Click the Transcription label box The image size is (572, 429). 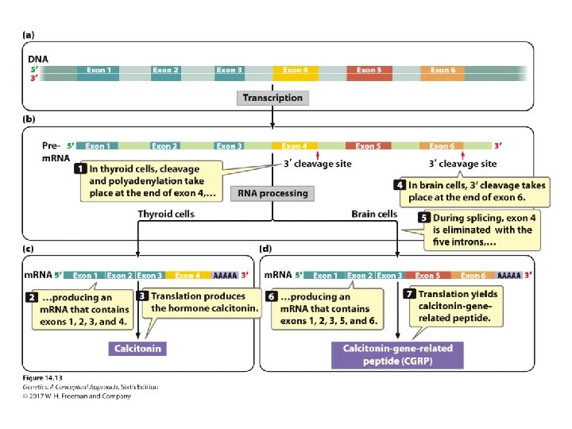[x=272, y=98]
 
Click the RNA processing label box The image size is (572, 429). [x=272, y=193]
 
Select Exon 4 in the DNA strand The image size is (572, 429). [x=296, y=71]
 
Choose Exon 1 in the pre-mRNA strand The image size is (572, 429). [x=97, y=146]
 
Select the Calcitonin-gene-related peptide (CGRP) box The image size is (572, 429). [x=397, y=354]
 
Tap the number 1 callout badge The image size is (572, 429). [x=80, y=169]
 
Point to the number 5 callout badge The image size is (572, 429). [x=426, y=217]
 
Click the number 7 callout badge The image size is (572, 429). [x=411, y=294]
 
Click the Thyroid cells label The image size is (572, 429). [x=166, y=214]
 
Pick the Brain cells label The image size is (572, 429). [x=374, y=214]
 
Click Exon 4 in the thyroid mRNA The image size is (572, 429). [x=187, y=276]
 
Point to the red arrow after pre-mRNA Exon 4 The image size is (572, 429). [x=318, y=157]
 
